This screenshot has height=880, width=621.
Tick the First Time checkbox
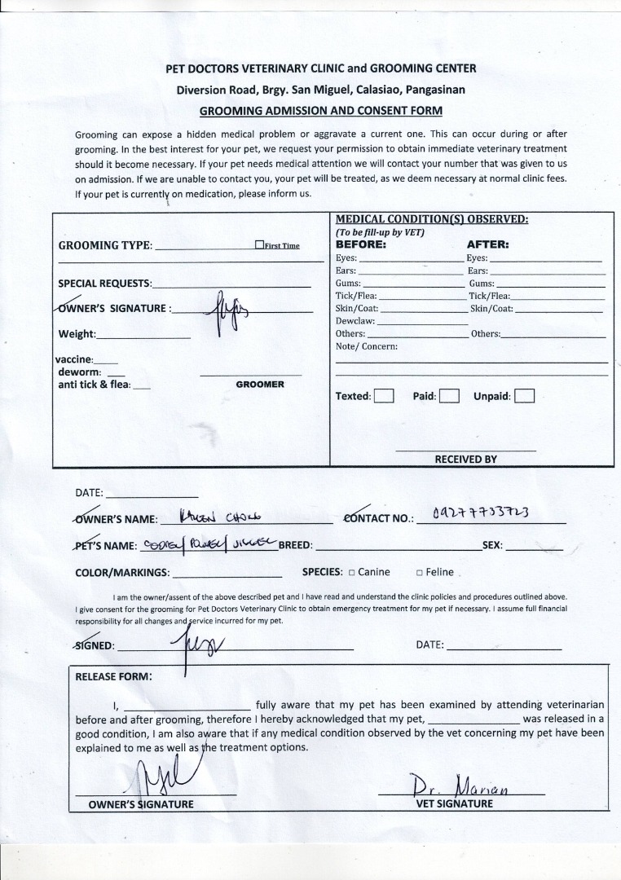click(x=259, y=244)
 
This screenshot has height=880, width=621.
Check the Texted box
click(x=384, y=397)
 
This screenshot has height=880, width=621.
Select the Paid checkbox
click(x=450, y=397)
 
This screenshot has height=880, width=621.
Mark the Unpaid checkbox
click(x=524, y=397)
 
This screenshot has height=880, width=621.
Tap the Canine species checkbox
click(x=352, y=573)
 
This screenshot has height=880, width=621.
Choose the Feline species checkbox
click(x=420, y=573)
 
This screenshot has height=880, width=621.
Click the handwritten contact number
click(x=481, y=513)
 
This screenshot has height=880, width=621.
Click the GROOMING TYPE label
click(x=105, y=246)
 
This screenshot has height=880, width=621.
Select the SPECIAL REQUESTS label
click(x=105, y=284)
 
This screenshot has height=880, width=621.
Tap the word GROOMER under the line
click(x=260, y=384)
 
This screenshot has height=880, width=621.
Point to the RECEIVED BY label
click(x=465, y=460)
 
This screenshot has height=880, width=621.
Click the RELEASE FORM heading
click(x=113, y=676)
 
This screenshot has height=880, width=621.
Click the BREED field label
click(x=296, y=545)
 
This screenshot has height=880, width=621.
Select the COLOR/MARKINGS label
click(x=122, y=573)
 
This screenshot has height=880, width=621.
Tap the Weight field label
click(x=77, y=334)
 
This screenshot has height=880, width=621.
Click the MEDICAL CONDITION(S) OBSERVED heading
click(x=432, y=219)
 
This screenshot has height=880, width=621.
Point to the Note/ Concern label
click(x=367, y=346)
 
